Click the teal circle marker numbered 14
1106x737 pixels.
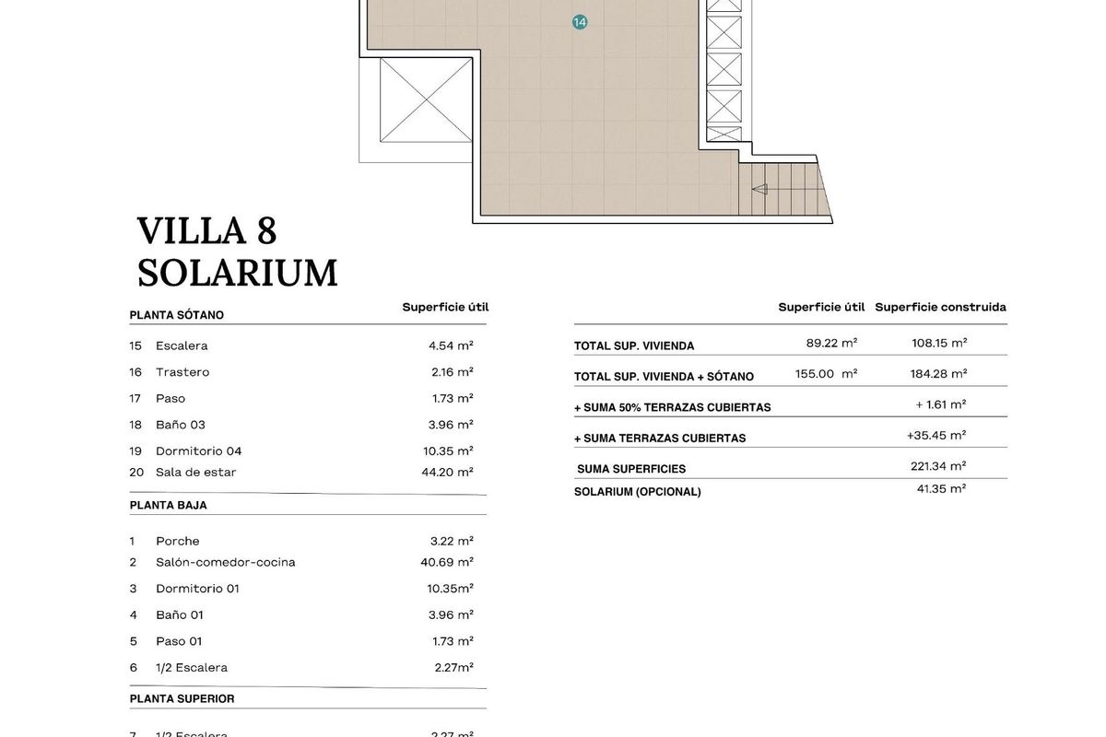(x=580, y=22)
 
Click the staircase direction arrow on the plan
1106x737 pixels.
(x=760, y=190)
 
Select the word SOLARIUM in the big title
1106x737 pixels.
(x=238, y=274)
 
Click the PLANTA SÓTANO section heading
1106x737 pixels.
(x=177, y=315)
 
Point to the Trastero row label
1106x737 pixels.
(x=182, y=372)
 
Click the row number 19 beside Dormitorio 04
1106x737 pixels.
(x=135, y=451)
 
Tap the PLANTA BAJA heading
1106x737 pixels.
(x=169, y=506)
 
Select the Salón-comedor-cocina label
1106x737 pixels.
(x=226, y=562)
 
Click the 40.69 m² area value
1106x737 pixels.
(x=447, y=562)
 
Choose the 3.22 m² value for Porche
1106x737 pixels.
(x=452, y=541)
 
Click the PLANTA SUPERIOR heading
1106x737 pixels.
(x=182, y=699)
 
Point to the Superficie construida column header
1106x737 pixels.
(x=940, y=308)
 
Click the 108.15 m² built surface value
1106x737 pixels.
(x=939, y=343)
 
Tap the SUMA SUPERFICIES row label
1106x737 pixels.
(x=631, y=469)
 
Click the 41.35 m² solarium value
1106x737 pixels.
(x=941, y=489)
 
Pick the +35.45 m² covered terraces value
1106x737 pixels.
(x=936, y=436)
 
